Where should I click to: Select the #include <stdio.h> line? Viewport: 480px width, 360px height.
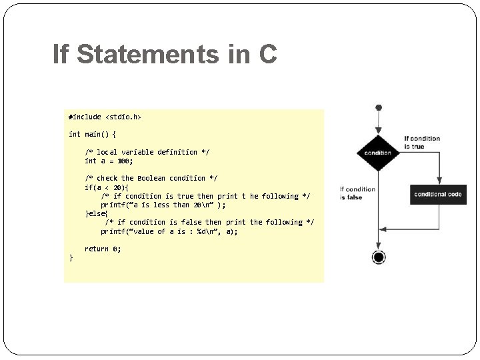[x=105, y=117]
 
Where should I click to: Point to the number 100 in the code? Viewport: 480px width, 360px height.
[x=125, y=161]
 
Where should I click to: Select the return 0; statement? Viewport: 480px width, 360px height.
[x=103, y=249]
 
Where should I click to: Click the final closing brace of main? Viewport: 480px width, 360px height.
[x=71, y=257]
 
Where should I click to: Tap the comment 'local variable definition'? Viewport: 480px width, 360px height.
[x=147, y=152]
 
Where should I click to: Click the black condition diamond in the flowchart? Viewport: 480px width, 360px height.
[x=377, y=153]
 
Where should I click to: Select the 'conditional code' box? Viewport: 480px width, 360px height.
[x=437, y=194]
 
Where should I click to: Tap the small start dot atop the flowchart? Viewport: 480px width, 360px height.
[x=378, y=107]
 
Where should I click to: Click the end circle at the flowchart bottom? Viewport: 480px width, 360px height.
[x=378, y=257]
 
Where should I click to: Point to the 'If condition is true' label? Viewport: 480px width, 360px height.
[x=422, y=143]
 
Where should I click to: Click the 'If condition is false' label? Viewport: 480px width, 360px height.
[x=357, y=193]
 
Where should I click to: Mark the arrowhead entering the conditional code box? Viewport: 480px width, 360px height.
[x=438, y=181]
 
